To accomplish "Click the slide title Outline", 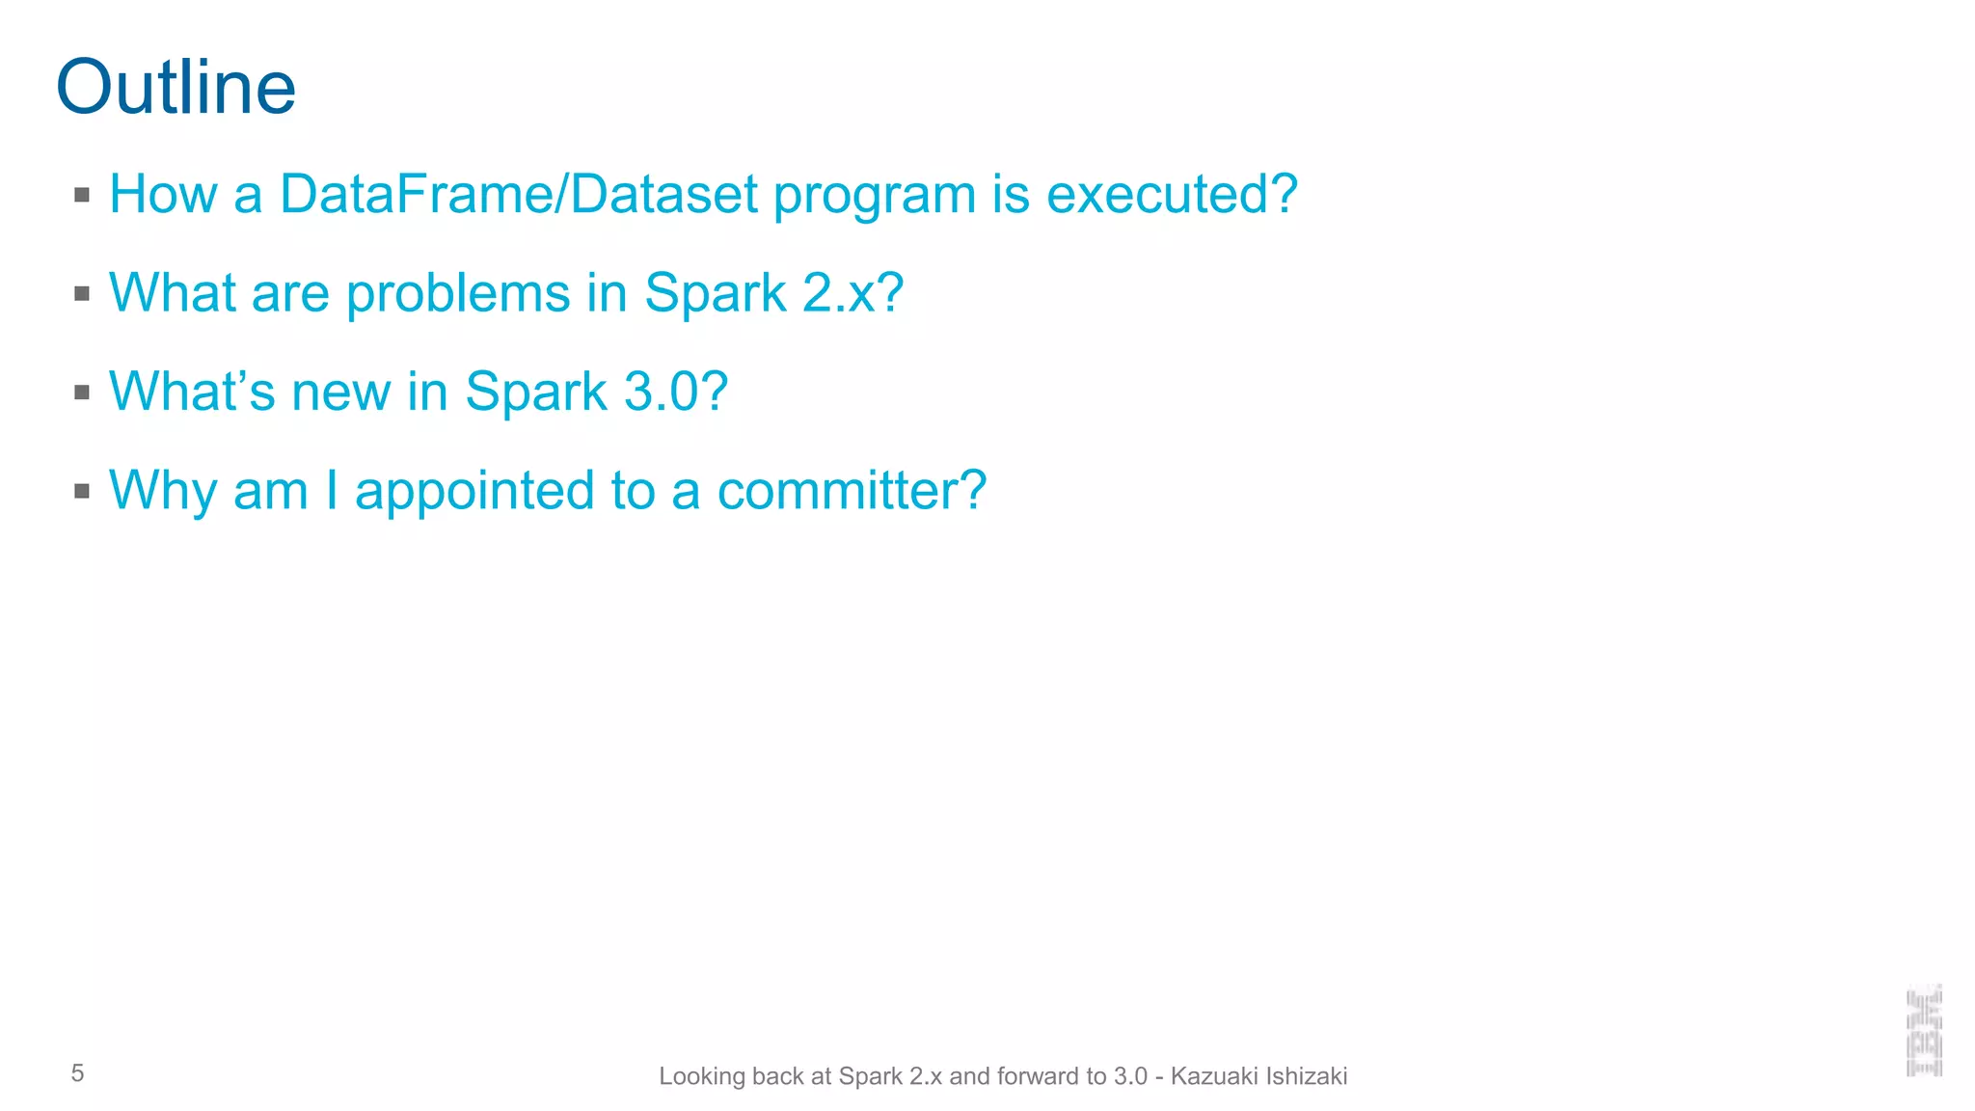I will (176, 87).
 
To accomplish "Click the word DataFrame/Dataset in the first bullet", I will (519, 194).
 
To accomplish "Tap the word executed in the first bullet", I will (1160, 194).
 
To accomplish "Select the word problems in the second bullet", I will (458, 293).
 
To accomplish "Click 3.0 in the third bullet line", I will (663, 392).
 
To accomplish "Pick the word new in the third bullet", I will (340, 393).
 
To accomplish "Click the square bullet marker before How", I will (82, 195).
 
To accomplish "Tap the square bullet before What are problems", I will (82, 293).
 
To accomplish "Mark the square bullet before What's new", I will (82, 393).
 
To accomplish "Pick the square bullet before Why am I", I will (82, 491).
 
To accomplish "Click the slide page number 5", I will (77, 1073).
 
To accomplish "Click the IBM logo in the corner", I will (1924, 1030).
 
